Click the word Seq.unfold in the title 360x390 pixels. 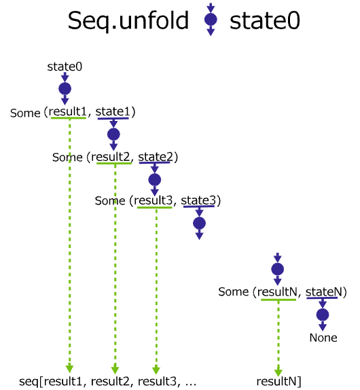pyautogui.click(x=128, y=21)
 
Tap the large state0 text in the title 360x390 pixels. pyautogui.click(x=265, y=21)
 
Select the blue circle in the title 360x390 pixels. pyautogui.click(x=211, y=20)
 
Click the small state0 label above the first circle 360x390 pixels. pyautogui.click(x=65, y=67)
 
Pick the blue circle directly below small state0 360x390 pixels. pyautogui.click(x=65, y=89)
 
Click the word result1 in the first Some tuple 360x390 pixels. pyautogui.click(x=68, y=111)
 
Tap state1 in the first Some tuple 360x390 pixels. pyautogui.click(x=113, y=111)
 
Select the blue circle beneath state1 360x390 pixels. pyautogui.click(x=113, y=135)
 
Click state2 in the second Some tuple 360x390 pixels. pyautogui.click(x=156, y=157)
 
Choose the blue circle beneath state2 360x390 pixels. pyautogui.click(x=155, y=179)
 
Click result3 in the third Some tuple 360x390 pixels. pyautogui.click(x=154, y=200)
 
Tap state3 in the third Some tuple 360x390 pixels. pyautogui.click(x=198, y=200)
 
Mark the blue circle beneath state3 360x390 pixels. pyautogui.click(x=200, y=223)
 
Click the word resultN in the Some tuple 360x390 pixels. pyautogui.click(x=277, y=291)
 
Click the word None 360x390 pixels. pyautogui.click(x=323, y=338)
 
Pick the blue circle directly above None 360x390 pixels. pyautogui.click(x=323, y=315)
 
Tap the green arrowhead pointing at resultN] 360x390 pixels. pyautogui.click(x=278, y=372)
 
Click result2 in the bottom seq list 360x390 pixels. pyautogui.click(x=110, y=381)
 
